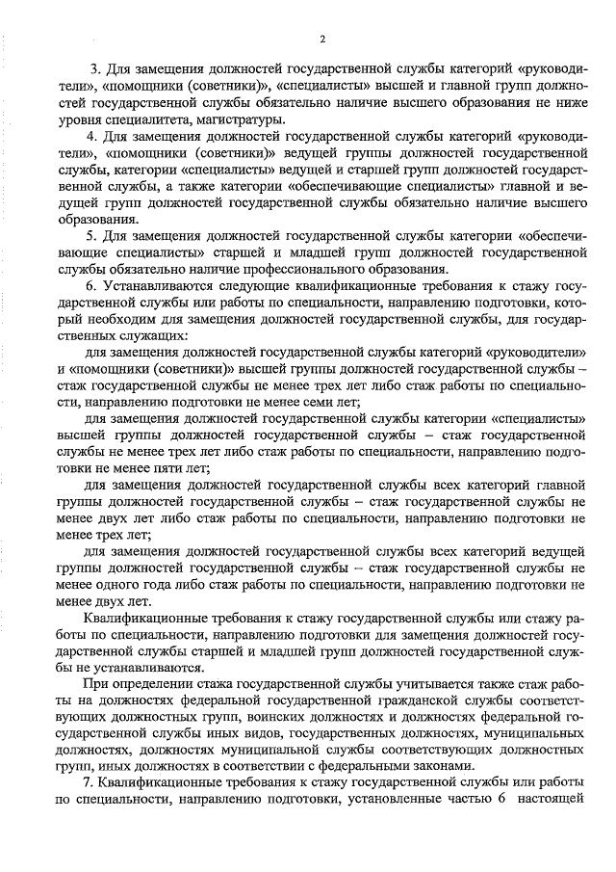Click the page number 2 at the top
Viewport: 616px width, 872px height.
pos(322,39)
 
